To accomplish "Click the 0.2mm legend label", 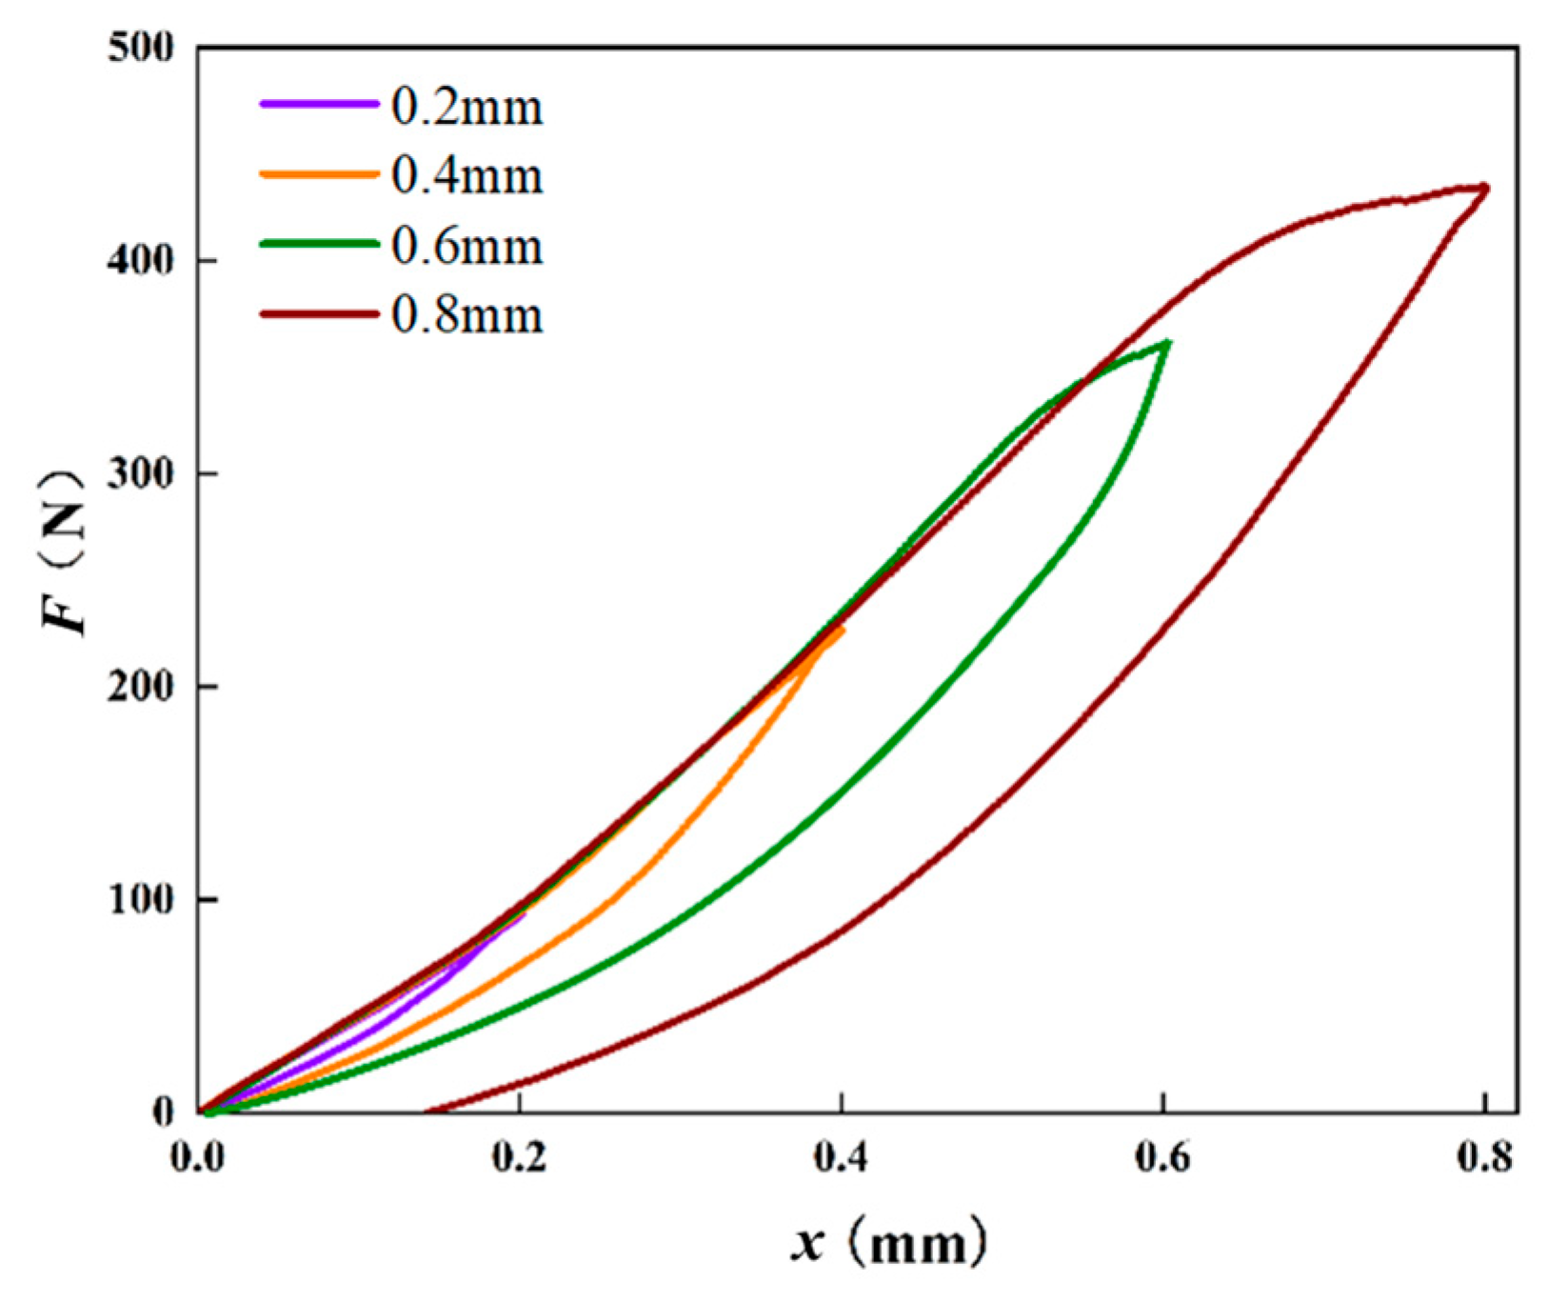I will click(467, 108).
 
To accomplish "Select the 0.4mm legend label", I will click(467, 177).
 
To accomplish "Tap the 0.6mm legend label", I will click(467, 247).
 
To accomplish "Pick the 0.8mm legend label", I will click(467, 315).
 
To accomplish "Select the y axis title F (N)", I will click(65, 552).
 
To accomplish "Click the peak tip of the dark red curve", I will click(1485, 188).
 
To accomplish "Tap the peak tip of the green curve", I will click(1166, 343).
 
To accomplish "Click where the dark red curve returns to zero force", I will click(426, 1111).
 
